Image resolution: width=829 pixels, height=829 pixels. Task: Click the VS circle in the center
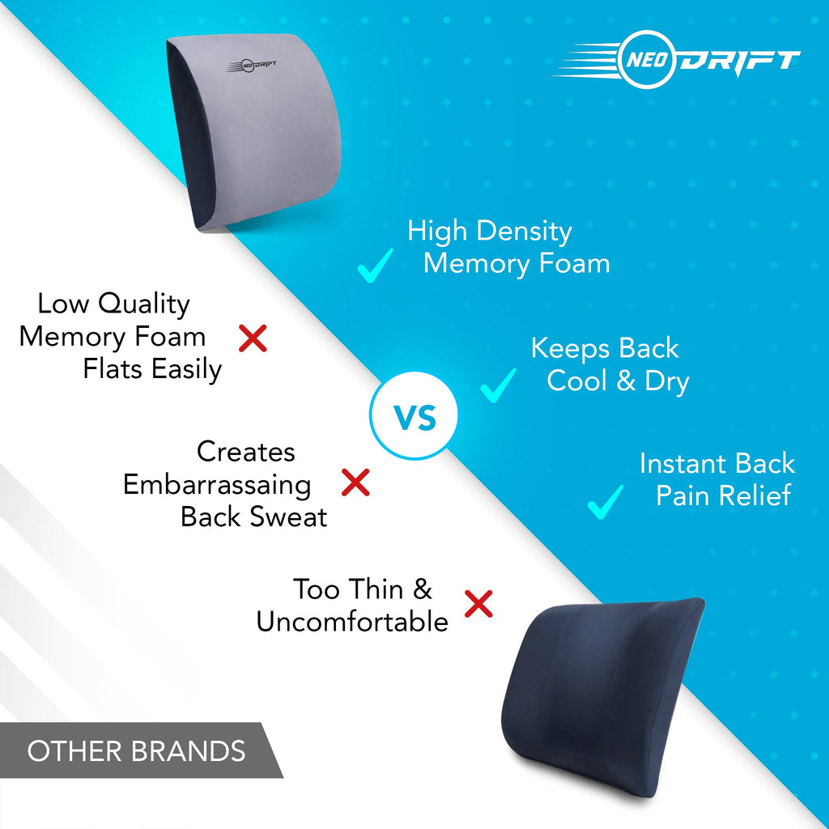(414, 415)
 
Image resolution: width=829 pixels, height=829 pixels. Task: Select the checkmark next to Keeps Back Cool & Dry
(498, 386)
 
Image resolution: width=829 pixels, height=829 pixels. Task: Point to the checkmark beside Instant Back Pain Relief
(605, 502)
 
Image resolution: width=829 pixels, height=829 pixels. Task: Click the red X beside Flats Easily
(253, 338)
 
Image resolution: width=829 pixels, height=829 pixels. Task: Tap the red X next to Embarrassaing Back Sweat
(355, 483)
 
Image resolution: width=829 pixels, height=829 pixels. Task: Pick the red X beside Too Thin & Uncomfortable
(478, 604)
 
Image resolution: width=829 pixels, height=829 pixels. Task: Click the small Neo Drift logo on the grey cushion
(252, 66)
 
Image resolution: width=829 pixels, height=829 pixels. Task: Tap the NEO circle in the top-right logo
(647, 59)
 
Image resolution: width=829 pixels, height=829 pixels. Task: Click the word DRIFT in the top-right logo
(739, 61)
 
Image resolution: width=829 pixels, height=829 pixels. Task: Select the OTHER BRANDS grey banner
(141, 750)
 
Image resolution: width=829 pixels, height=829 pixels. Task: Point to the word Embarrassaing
(217, 486)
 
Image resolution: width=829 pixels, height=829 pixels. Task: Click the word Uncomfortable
(353, 622)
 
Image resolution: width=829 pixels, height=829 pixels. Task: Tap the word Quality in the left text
(144, 305)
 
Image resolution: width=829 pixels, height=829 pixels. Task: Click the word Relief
(759, 496)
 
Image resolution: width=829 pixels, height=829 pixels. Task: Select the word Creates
(246, 452)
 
